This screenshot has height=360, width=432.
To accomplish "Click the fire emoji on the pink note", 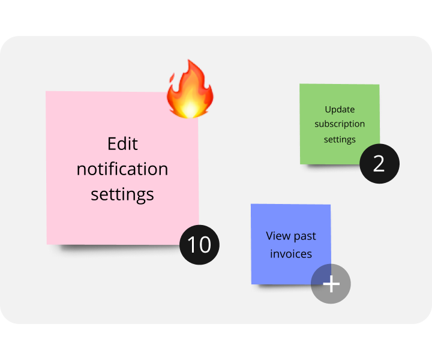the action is point(190,90).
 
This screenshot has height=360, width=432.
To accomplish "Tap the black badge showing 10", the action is point(200,245).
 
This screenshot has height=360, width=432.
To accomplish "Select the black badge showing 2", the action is point(379,163).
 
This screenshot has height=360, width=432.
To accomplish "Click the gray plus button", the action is point(331,284).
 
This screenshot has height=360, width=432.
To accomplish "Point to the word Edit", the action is point(122,144).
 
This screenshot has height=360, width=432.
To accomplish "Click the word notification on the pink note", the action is point(122,169).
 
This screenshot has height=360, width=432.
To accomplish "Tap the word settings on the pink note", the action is point(122,194).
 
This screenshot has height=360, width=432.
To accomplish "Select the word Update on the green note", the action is point(340,110).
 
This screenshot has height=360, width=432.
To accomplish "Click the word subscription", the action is point(340,124).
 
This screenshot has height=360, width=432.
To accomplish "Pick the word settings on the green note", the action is point(340,139).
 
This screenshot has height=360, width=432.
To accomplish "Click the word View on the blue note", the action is point(278,236).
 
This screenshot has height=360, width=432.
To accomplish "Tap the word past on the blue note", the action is point(305,236).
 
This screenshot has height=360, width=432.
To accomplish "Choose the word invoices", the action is point(291,254).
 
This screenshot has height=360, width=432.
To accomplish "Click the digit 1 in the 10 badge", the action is point(192,245).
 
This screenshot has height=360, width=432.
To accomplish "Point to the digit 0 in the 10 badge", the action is point(205,245).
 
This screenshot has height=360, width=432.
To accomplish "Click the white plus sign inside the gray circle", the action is point(331,284).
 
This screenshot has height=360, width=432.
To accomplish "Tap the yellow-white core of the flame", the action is point(191,108).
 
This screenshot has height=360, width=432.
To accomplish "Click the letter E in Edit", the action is point(112,144).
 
